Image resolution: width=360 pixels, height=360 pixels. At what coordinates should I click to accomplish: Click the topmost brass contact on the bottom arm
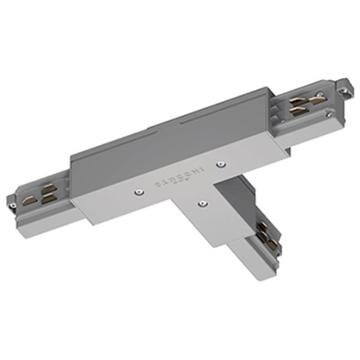point(262,226)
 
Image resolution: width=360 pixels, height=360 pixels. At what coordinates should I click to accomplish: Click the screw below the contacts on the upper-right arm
point(329,112)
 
